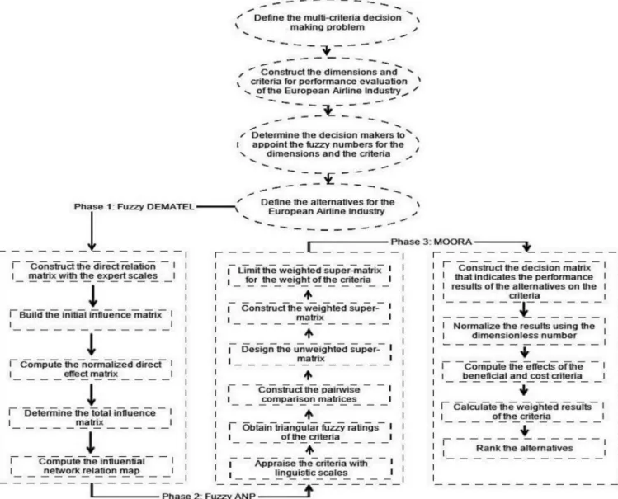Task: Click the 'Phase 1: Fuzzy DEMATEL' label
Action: [134, 207]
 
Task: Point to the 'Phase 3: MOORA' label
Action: [432, 242]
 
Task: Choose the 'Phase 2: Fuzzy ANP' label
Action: [209, 496]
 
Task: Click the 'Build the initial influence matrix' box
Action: [91, 319]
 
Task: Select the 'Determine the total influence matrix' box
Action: [90, 418]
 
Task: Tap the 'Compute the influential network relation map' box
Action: [92, 466]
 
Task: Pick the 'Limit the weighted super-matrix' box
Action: [309, 275]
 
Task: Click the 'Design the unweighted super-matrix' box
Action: [310, 354]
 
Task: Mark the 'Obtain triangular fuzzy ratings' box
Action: [310, 432]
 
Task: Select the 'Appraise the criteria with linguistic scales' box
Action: [311, 468]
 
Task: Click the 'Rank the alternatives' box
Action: [524, 448]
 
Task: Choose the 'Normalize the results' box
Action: [524, 331]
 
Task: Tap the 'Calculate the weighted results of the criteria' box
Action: [522, 412]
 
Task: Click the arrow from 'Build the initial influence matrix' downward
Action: [92, 344]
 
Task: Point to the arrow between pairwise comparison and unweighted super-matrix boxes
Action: [309, 374]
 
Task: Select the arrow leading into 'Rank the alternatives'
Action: [524, 430]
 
